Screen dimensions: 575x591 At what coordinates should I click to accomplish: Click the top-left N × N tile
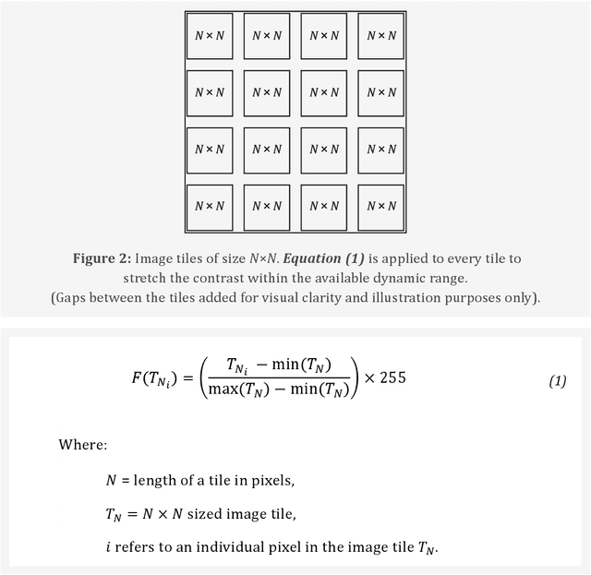[210, 36]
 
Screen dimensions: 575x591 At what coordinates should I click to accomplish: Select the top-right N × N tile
[380, 36]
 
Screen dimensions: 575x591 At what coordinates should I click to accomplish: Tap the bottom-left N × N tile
[210, 206]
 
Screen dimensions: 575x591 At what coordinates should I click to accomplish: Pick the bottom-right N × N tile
[380, 206]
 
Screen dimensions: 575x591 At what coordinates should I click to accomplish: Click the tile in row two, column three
[323, 92]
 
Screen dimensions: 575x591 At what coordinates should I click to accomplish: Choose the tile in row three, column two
[266, 150]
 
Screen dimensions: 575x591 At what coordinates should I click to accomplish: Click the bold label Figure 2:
[106, 259]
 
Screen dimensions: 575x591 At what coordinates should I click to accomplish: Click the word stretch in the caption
[146, 278]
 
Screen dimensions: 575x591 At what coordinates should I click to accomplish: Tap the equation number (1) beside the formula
[557, 381]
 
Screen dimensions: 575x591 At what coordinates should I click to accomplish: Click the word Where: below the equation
[82, 445]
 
